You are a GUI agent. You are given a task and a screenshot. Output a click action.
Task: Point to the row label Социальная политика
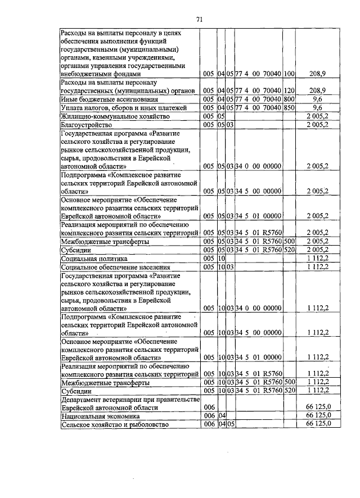[91, 258]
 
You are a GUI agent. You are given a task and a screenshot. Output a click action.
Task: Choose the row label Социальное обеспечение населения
[108, 267]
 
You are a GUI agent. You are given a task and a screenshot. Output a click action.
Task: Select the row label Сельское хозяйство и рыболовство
[115, 424]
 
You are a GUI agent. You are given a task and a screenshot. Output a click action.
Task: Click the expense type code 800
[290, 99]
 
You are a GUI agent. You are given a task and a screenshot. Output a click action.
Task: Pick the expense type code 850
[290, 107]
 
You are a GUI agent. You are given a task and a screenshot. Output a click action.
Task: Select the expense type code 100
[290, 74]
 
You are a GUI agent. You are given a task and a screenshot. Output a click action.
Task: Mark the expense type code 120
[290, 90]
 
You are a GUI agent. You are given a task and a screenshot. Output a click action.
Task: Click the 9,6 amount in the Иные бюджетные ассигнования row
[318, 99]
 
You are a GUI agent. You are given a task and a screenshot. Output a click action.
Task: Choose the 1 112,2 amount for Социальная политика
[318, 258]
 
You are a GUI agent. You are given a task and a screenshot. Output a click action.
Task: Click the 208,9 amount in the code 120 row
[318, 90]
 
